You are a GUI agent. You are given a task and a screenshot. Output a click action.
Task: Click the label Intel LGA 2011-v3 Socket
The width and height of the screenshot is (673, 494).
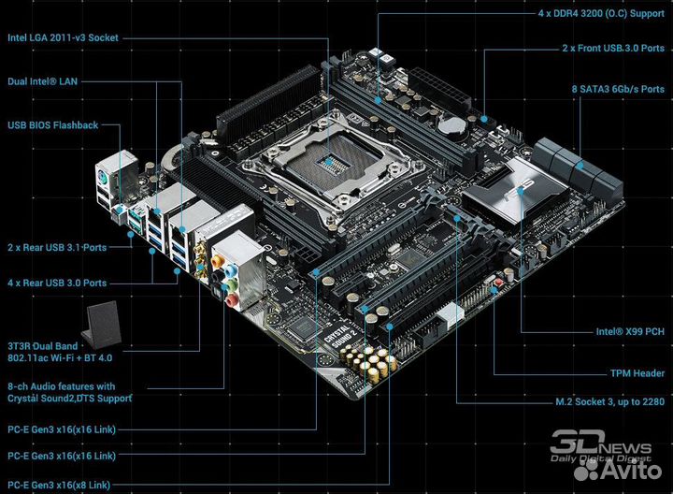tap(64, 38)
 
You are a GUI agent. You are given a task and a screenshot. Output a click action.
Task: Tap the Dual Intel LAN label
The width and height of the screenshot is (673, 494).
tap(43, 81)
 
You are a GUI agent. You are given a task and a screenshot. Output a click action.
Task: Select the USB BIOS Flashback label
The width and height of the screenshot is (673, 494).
tap(52, 124)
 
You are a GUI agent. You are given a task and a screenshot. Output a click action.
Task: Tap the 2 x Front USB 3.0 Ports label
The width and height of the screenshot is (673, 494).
tap(613, 46)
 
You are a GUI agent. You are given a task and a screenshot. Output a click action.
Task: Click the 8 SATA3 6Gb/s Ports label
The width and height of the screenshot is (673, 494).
tap(618, 89)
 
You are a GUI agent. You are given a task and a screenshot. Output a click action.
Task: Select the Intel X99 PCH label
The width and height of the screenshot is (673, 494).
tap(630, 331)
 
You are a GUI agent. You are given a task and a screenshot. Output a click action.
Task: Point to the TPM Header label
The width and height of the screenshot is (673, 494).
tap(637, 372)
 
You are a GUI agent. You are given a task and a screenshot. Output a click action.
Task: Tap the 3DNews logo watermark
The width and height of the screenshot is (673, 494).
tap(598, 448)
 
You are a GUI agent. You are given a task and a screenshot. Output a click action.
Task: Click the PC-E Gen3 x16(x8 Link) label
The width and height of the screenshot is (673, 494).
tap(58, 485)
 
